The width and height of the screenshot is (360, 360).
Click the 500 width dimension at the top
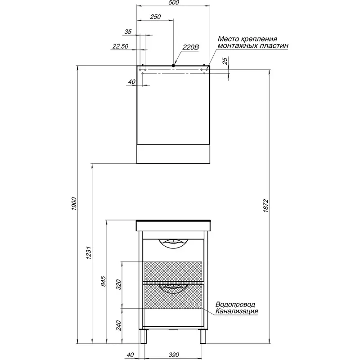173,3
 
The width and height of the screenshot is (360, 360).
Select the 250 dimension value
155,17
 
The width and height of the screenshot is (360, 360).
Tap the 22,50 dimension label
120,46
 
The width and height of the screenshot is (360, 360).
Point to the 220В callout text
190,47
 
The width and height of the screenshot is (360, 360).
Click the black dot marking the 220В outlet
173,66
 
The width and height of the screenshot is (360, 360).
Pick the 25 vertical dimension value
225,61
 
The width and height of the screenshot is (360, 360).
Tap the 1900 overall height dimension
74,204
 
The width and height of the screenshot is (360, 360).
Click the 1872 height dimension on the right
265,206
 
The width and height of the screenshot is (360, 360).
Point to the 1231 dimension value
89,252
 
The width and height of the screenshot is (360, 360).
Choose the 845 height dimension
103,281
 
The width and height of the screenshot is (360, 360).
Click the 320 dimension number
118,284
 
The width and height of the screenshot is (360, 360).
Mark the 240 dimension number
118,325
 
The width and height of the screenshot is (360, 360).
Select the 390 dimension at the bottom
174,355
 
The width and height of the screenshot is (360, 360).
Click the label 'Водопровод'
235,305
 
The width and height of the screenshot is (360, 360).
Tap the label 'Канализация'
237,311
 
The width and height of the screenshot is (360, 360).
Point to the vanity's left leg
143,336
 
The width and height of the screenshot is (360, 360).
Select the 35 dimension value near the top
128,31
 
